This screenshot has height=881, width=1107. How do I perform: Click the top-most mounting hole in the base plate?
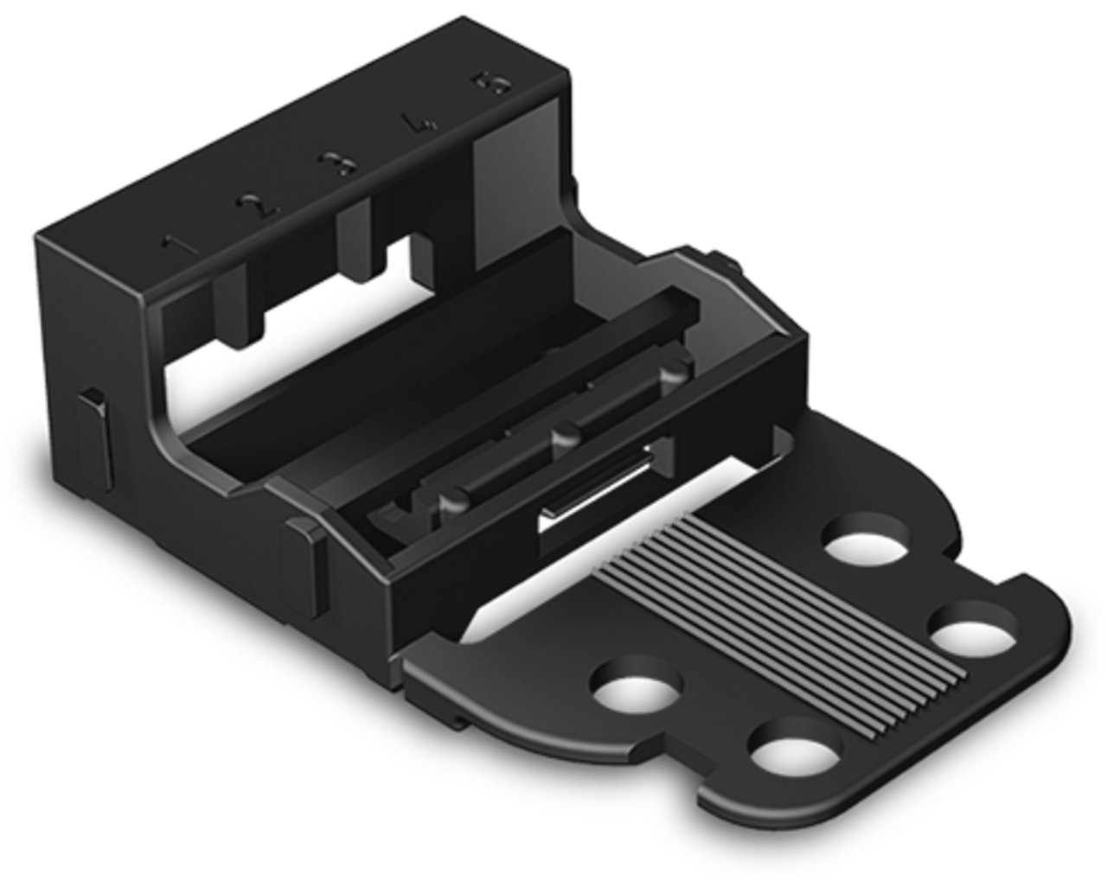864,546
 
